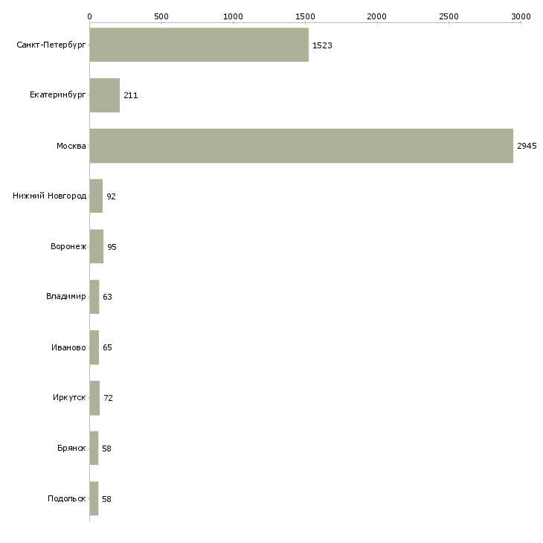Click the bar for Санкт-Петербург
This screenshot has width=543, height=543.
pyautogui.click(x=199, y=45)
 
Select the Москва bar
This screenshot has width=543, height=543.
pyautogui.click(x=301, y=146)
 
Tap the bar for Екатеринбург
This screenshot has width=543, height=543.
pyautogui.click(x=105, y=95)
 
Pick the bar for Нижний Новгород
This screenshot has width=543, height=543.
pyautogui.click(x=96, y=196)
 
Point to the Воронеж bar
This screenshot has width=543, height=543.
pyautogui.click(x=97, y=247)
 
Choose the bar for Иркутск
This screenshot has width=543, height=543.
pyautogui.click(x=94, y=398)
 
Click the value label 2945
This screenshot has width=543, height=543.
pyautogui.click(x=527, y=146)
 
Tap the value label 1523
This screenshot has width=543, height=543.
pyautogui.click(x=322, y=45)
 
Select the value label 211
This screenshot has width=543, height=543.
pyautogui.click(x=131, y=96)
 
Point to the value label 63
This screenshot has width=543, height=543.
pyautogui.click(x=107, y=298)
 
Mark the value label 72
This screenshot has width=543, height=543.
pyautogui.click(x=108, y=399)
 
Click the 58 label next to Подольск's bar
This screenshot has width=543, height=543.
pyautogui.click(x=106, y=499)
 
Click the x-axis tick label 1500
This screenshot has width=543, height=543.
pyautogui.click(x=305, y=16)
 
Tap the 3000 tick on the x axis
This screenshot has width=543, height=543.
pyautogui.click(x=521, y=16)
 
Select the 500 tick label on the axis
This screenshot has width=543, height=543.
pyautogui.click(x=161, y=16)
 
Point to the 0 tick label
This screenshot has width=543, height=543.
pyautogui.click(x=89, y=16)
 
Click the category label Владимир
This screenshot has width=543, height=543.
pyautogui.click(x=66, y=297)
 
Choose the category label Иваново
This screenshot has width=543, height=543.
pyautogui.click(x=68, y=347)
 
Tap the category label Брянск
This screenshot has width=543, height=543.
pyautogui.click(x=71, y=449)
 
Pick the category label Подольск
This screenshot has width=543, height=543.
pyautogui.click(x=66, y=499)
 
